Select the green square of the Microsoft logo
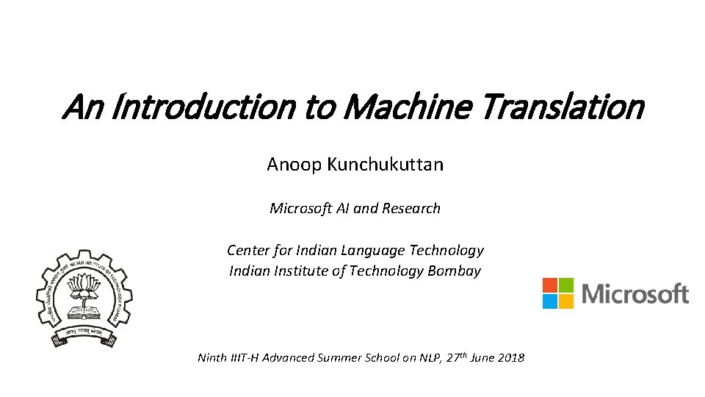click(x=565, y=285)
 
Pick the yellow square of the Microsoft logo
click(x=565, y=301)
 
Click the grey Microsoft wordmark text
click(x=635, y=294)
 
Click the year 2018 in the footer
click(x=510, y=358)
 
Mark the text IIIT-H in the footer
click(x=245, y=358)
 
